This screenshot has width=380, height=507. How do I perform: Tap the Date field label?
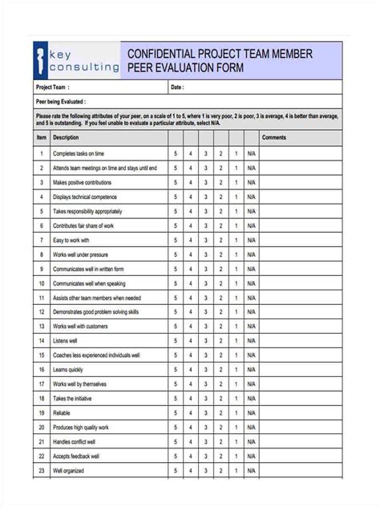pyautogui.click(x=177, y=87)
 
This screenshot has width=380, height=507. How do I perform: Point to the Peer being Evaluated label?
pyautogui.click(x=61, y=102)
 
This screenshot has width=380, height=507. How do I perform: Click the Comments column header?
pyautogui.click(x=273, y=138)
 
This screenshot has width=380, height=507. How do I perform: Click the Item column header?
pyautogui.click(x=41, y=138)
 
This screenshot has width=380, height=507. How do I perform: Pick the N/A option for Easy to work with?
pyautogui.click(x=251, y=240)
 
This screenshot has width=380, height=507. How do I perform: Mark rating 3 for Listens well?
pyautogui.click(x=205, y=341)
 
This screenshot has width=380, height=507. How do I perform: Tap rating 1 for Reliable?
pyautogui.click(x=236, y=413)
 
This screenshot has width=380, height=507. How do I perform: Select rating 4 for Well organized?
pyautogui.click(x=191, y=471)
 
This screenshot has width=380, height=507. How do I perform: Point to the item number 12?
pyautogui.click(x=41, y=312)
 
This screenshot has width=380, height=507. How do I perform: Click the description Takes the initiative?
pyautogui.click(x=71, y=399)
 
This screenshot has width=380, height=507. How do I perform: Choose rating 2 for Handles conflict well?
pyautogui.click(x=220, y=442)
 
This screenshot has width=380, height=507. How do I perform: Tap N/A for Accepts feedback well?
pyautogui.click(x=251, y=456)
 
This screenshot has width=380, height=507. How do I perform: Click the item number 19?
pyautogui.click(x=41, y=413)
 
